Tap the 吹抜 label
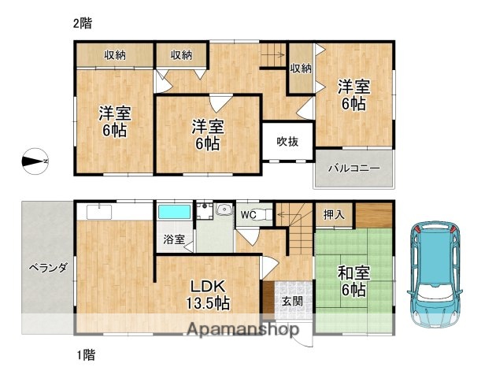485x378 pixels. pos(287,141)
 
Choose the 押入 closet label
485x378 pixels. pos(333,213)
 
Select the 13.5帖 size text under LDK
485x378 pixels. pos(208,302)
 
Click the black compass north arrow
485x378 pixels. pos(35,161)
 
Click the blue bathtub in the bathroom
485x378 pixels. pos(174,212)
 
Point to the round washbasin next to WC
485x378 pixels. pos(223,210)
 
